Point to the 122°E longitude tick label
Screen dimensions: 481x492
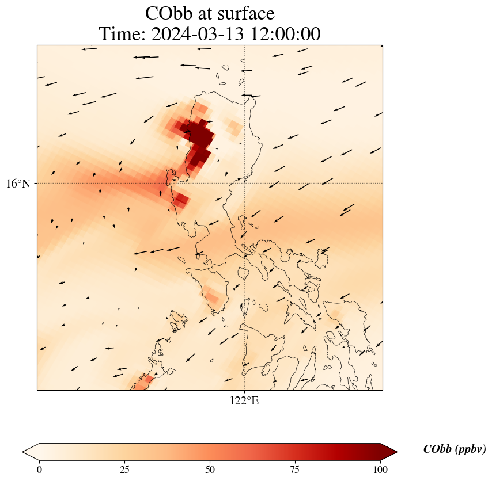click(244, 401)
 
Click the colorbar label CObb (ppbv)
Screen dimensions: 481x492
click(454, 449)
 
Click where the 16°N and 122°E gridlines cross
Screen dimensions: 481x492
click(244, 184)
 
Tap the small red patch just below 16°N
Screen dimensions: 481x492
click(181, 200)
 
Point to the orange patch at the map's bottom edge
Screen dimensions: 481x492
click(142, 381)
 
